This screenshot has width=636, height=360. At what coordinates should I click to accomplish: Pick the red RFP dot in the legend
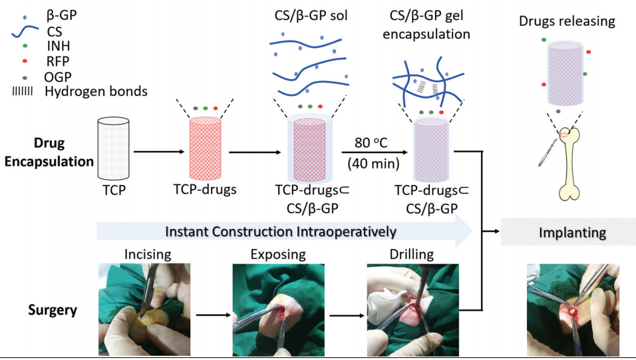pyautogui.click(x=25, y=61)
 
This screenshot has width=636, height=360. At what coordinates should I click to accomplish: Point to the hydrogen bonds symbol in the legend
pyautogui.click(x=23, y=90)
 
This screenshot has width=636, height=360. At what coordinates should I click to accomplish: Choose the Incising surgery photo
pyautogui.click(x=144, y=301)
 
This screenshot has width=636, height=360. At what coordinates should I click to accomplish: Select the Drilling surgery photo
pyautogui.click(x=412, y=301)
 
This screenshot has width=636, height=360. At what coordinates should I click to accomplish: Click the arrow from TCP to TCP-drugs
pyautogui.click(x=160, y=152)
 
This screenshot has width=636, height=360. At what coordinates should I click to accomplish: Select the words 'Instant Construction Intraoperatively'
pyautogui.click(x=280, y=232)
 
